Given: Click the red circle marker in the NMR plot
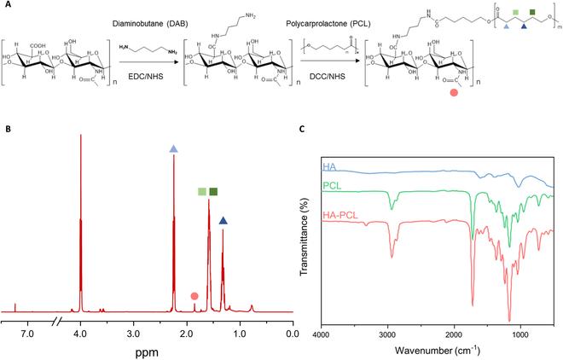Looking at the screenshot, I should (194, 296).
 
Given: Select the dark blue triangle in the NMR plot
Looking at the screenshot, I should (223, 221).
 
